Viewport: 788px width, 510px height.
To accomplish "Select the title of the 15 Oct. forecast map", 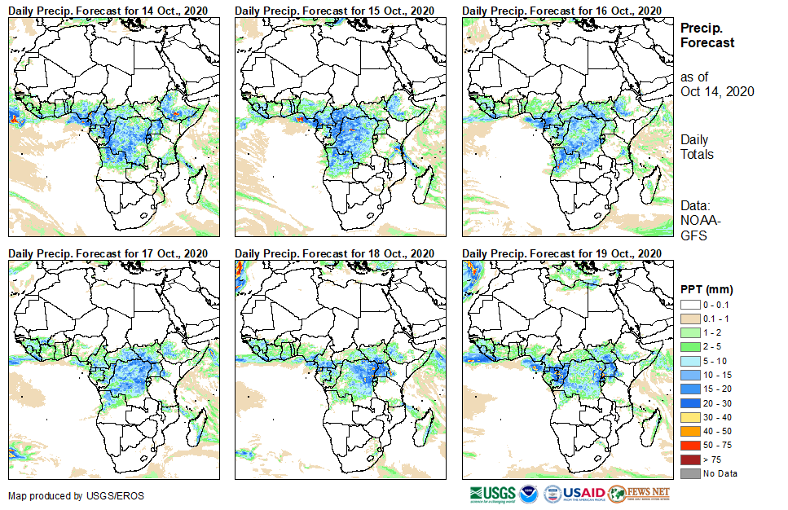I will [334, 10].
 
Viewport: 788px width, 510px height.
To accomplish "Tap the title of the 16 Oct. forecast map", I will [561, 10].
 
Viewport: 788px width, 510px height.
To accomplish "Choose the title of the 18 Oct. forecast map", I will [334, 253].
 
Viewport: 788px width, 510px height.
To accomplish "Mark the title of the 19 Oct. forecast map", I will [561, 253].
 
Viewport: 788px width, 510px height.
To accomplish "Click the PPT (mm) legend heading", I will [707, 290].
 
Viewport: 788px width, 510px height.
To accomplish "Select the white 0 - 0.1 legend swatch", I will [689, 304].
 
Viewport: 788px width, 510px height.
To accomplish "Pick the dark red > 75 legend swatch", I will [689, 460].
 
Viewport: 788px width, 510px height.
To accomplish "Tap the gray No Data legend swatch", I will [689, 473].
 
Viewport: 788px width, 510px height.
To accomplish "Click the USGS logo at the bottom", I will [492, 494].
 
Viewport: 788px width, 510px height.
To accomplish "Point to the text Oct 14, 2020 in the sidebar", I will [717, 91].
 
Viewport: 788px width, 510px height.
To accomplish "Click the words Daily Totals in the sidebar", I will [697, 147].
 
